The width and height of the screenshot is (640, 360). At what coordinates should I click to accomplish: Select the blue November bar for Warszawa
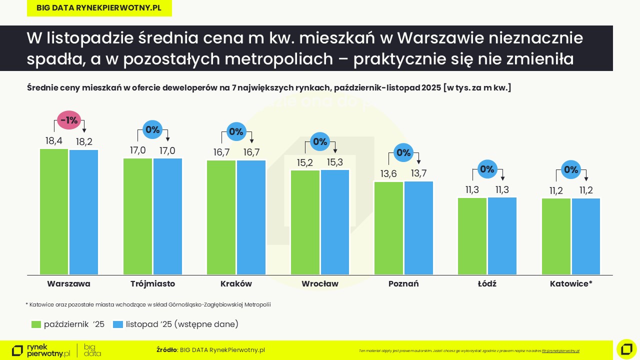[84, 212]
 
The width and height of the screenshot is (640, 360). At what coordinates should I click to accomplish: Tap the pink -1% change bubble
[68, 120]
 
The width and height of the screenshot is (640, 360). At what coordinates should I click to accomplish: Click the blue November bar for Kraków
[251, 217]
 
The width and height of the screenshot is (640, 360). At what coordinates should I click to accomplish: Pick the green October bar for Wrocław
[305, 222]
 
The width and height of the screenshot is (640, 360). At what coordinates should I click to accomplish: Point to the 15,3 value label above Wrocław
[334, 162]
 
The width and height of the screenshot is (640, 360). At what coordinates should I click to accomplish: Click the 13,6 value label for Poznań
[388, 174]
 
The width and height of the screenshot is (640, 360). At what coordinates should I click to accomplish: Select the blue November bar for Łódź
[502, 235]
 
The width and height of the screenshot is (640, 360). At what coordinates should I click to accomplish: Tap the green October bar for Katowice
[556, 236]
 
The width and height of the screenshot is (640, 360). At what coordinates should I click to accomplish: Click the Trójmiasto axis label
[152, 284]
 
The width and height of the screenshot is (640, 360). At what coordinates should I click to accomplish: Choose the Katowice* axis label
[571, 284]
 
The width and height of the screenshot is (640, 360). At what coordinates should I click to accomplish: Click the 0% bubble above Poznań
[403, 152]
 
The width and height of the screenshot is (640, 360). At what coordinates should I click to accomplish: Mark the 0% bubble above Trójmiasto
[152, 129]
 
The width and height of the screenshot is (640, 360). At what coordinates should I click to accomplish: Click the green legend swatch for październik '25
[36, 324]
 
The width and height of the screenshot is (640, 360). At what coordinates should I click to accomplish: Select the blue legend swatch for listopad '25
[118, 324]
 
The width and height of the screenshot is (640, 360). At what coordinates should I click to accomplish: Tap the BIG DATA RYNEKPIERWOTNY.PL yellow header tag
[99, 8]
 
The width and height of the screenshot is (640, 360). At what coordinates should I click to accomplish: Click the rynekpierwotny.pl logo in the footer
[41, 350]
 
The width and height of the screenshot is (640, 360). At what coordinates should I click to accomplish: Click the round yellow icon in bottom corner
[626, 349]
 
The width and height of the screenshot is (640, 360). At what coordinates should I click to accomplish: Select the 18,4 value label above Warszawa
[54, 141]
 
